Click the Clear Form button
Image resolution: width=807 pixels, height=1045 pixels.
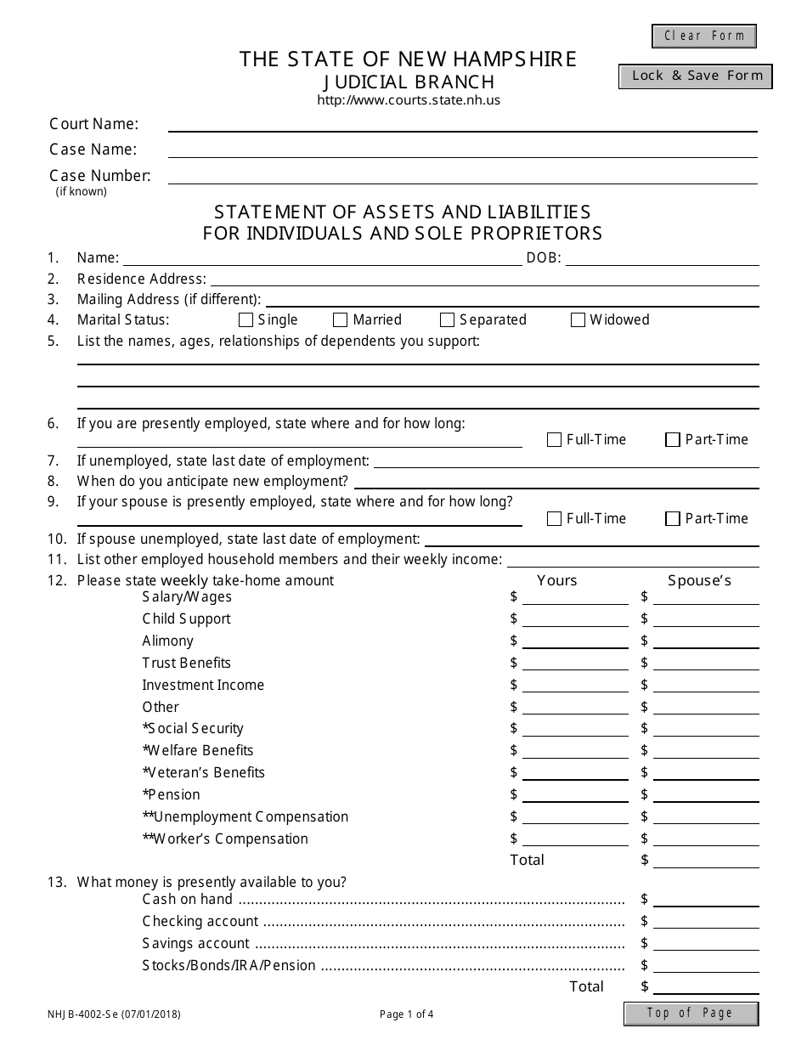[x=704, y=36]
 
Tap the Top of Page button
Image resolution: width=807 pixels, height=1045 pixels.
[x=691, y=1013]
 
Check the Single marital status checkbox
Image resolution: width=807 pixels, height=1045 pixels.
[x=246, y=320]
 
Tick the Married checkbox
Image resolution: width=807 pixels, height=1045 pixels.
[x=341, y=320]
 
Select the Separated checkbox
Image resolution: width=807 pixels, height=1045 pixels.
[x=448, y=320]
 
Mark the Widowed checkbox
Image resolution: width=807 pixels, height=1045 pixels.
[x=578, y=320]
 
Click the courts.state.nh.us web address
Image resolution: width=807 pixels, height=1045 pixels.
[x=409, y=100]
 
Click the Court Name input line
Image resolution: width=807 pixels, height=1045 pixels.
[x=463, y=125]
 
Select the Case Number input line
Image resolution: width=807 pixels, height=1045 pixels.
[x=463, y=177]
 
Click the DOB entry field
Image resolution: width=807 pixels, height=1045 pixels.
[x=663, y=258]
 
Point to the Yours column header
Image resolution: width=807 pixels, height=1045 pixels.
[x=557, y=581]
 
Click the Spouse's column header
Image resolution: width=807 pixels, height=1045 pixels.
[x=700, y=581]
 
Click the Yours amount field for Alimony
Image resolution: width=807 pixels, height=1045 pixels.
[x=575, y=641]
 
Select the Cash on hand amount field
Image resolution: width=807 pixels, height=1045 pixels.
[x=706, y=900]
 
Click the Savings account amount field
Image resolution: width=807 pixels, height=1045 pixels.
[x=706, y=944]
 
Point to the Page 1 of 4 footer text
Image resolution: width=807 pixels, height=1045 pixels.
[x=407, y=1014]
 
